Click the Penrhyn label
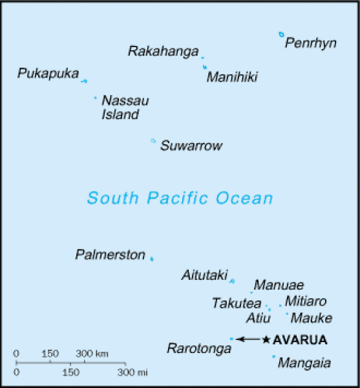pos(311,44)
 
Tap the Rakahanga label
pos(163,51)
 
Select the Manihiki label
pos(232,78)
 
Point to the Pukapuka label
pos(48,74)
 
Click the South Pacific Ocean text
pos(180,199)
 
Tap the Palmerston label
pos(110,255)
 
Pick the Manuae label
pos(279,285)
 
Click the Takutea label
pos(236,303)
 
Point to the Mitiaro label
pos(306,301)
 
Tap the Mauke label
pos(311,318)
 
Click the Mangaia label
pos(304,363)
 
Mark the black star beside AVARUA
pos(266,339)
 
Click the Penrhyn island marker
pos(281,34)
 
